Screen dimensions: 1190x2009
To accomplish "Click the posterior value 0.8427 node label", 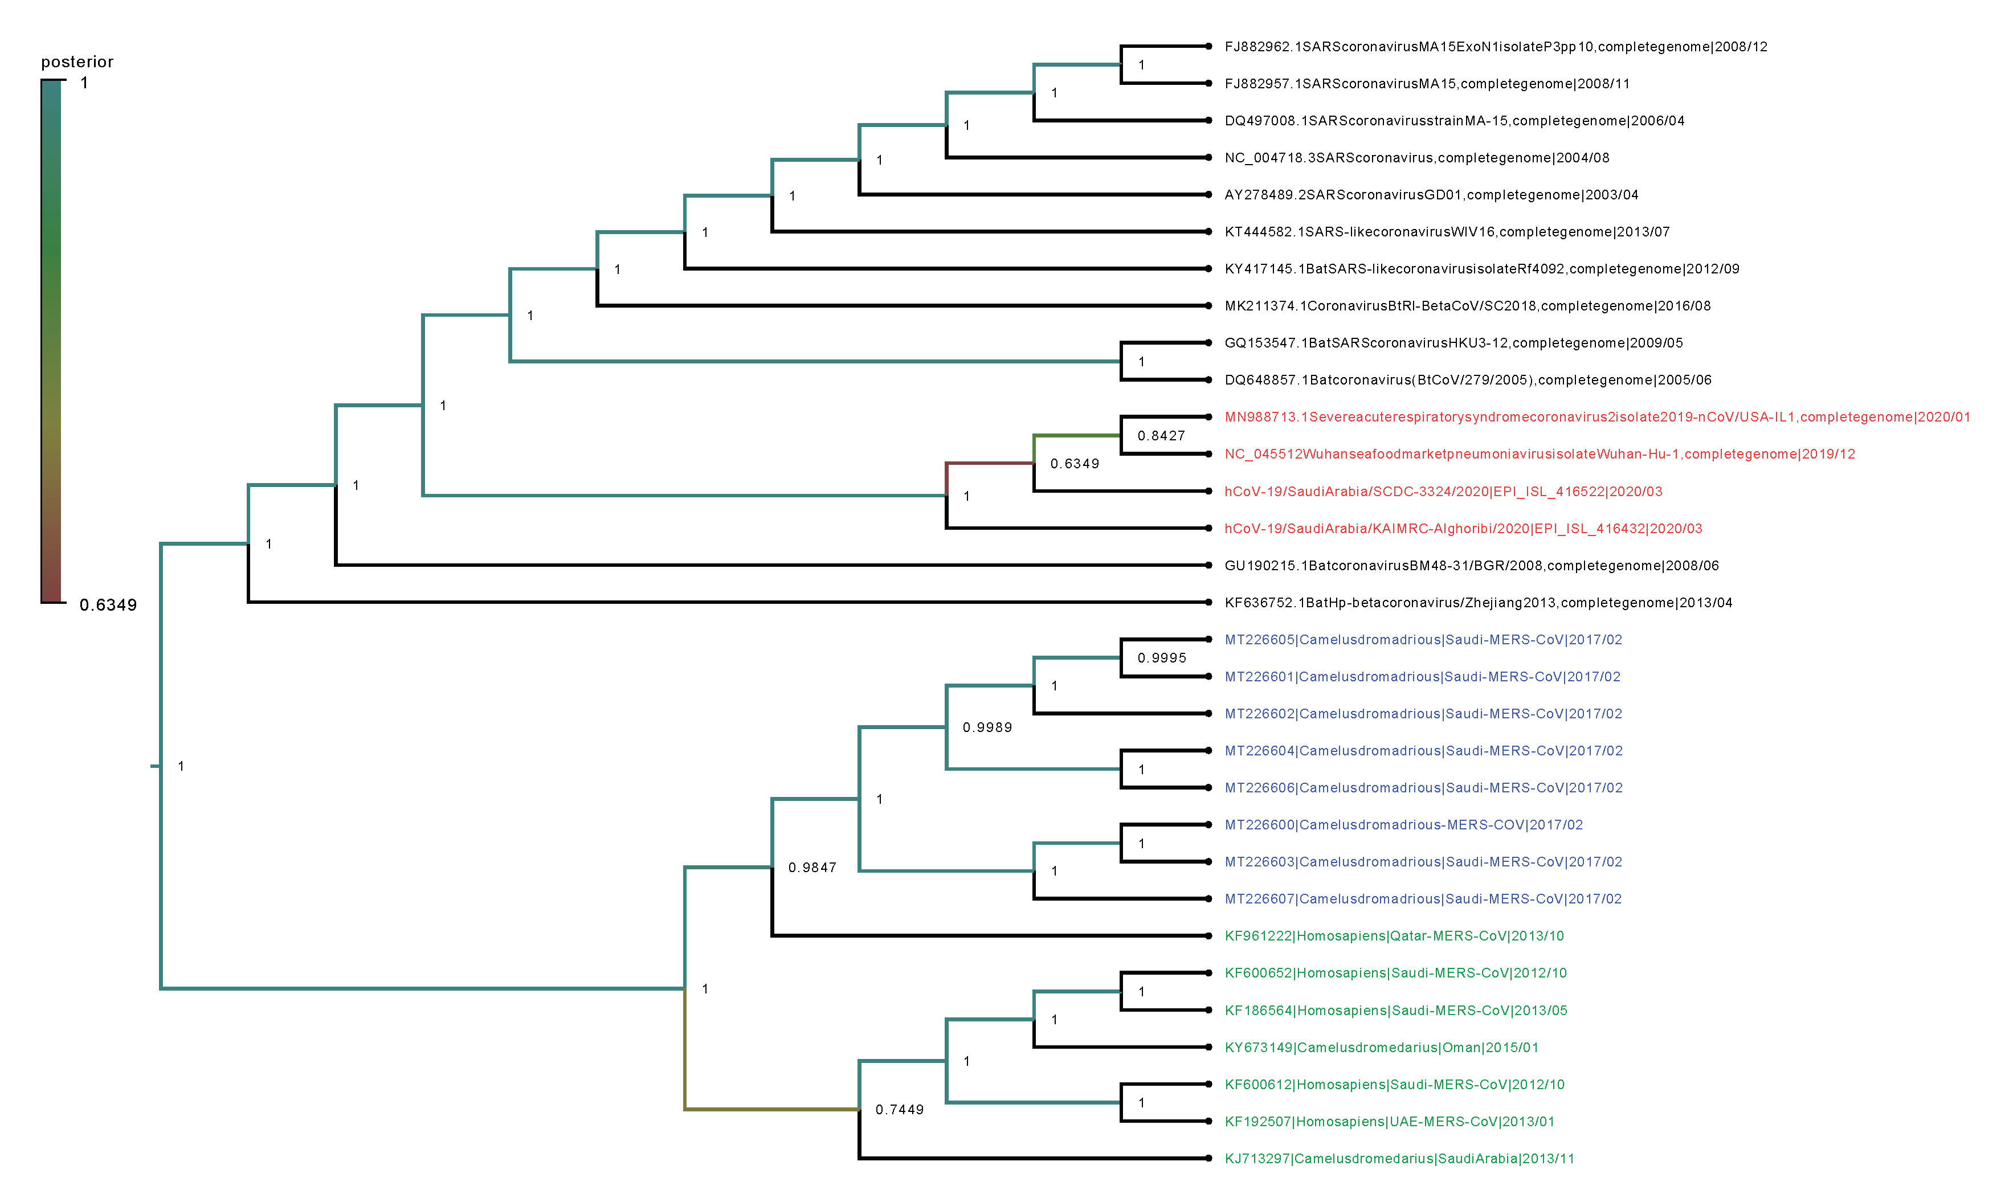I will click(1161, 435).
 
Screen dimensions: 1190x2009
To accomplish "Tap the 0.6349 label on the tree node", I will click(1075, 464).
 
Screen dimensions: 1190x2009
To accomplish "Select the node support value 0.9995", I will click(1161, 657).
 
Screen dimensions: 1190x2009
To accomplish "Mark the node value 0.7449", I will click(900, 1110).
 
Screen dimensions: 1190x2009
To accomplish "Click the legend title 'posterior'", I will click(77, 62).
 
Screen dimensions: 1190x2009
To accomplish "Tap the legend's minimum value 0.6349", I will click(108, 604).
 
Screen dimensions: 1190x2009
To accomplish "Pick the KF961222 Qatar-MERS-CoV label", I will click(1394, 936).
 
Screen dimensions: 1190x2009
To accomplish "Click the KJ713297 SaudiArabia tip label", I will click(1399, 1159).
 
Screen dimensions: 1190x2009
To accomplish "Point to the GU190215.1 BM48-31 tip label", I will click(1472, 565).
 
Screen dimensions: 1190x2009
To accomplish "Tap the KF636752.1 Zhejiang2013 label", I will click(1478, 602).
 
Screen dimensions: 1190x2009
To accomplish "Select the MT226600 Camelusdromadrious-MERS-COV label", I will click(1403, 824).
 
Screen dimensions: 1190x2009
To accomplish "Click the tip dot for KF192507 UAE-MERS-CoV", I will click(1208, 1121).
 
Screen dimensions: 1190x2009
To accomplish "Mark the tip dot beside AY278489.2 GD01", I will click(1208, 195).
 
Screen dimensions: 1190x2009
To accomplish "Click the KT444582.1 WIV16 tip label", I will click(1447, 232).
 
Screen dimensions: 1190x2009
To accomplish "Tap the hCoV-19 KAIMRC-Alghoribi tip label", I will click(1463, 529).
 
